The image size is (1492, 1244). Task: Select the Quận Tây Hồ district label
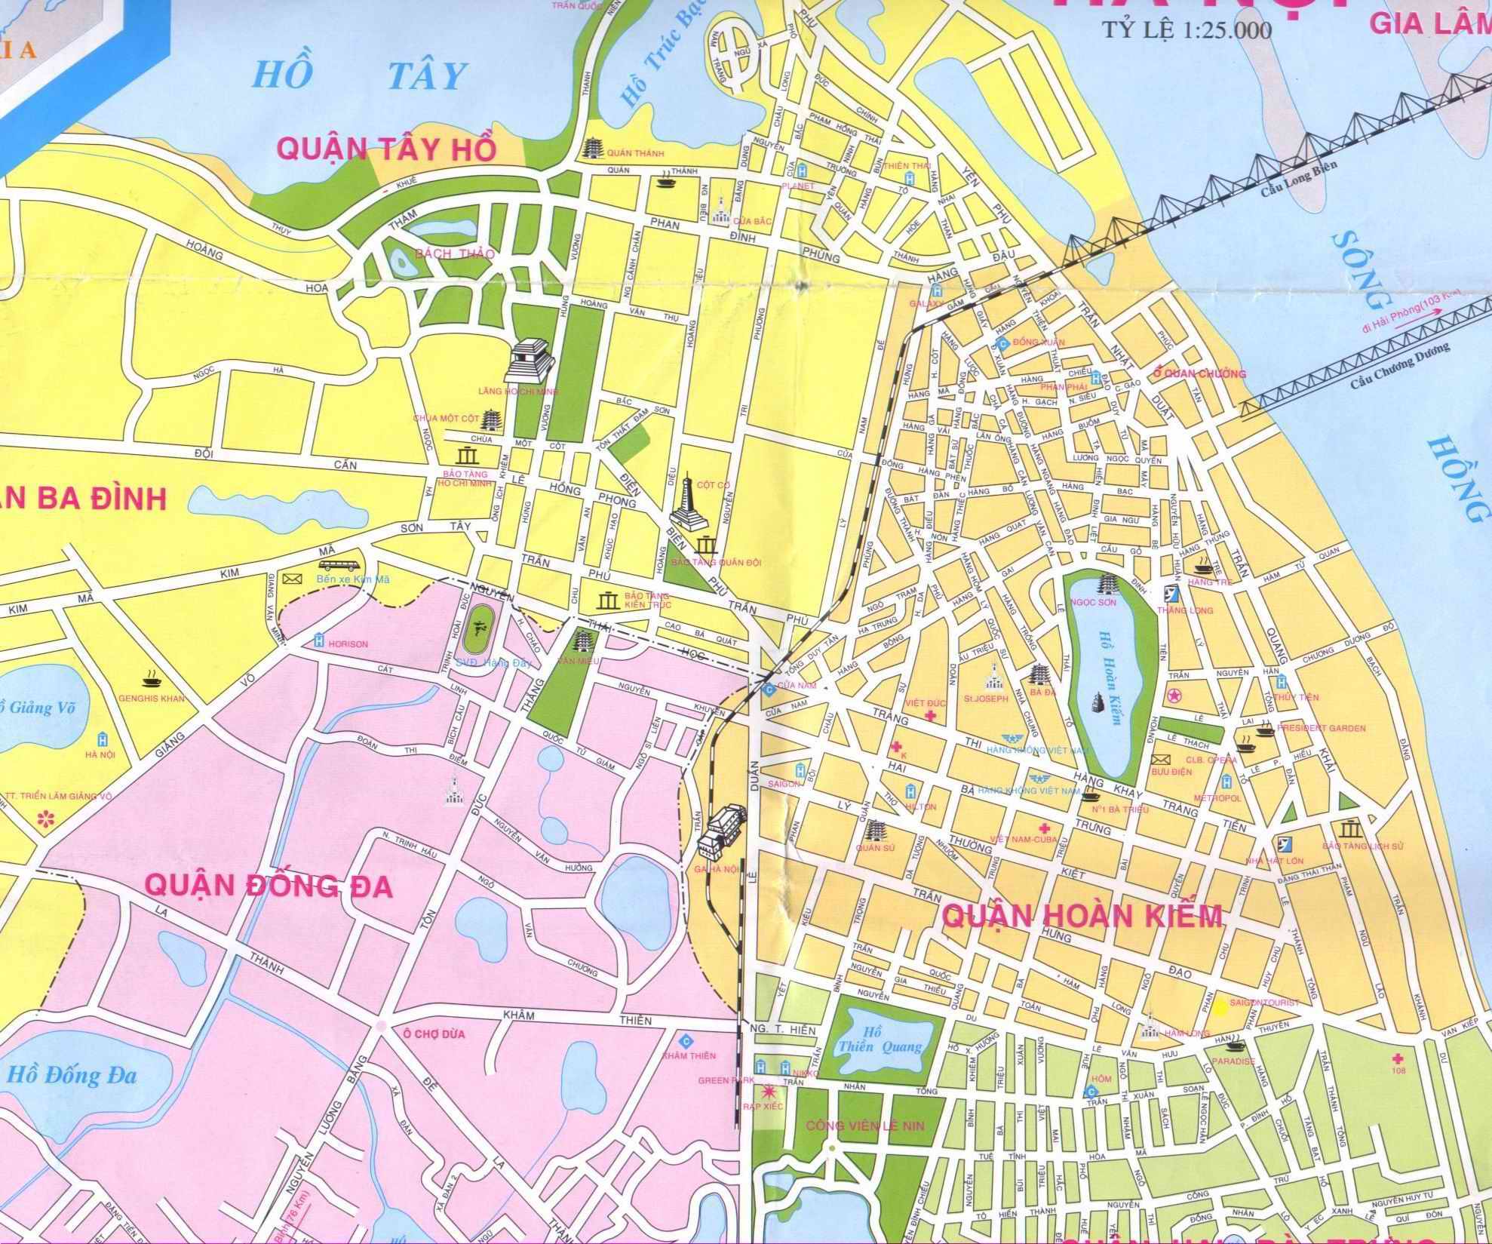[x=388, y=148]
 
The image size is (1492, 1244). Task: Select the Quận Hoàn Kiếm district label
[x=1082, y=916]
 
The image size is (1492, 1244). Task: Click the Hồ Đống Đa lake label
[x=72, y=1075]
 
